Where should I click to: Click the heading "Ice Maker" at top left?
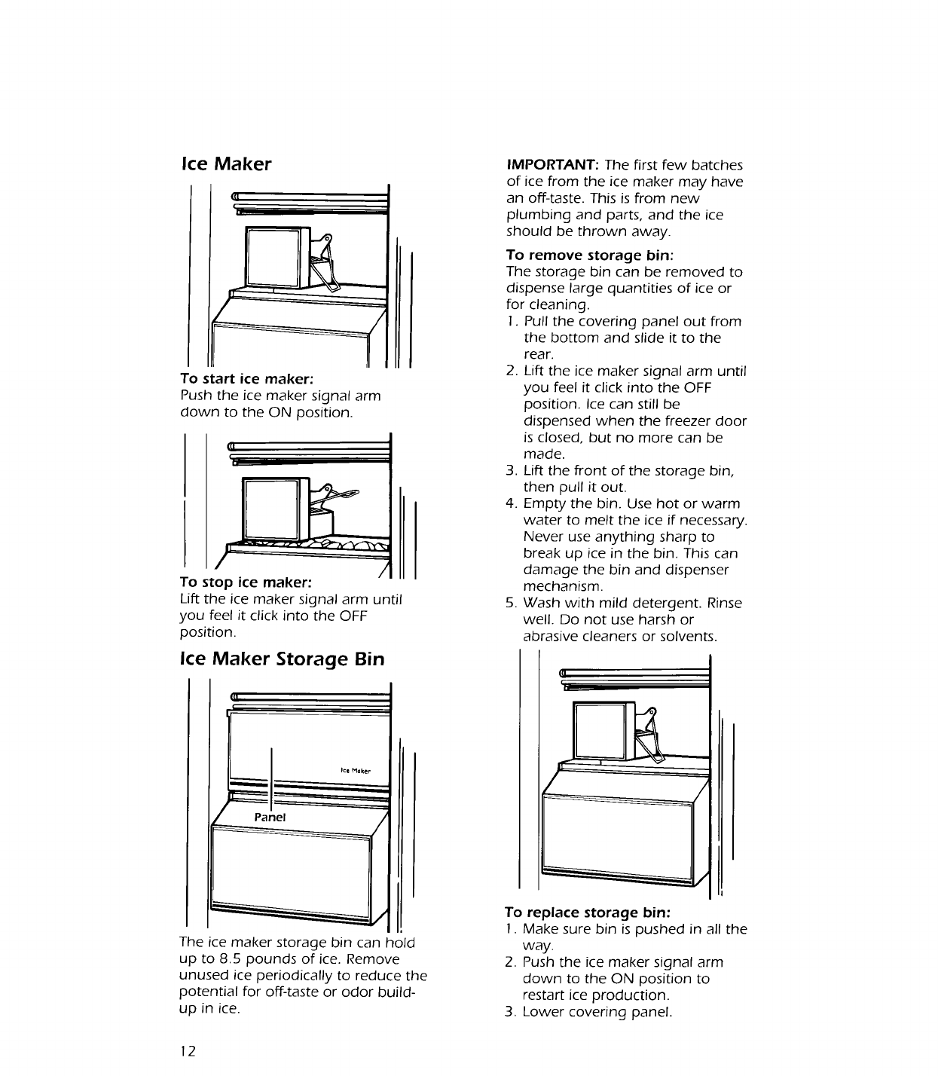point(226,164)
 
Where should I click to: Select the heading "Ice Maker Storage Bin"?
point(282,659)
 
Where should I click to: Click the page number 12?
point(188,1051)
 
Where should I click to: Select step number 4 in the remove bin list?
point(510,504)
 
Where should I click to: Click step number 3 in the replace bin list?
point(510,1012)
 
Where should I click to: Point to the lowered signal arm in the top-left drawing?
point(326,263)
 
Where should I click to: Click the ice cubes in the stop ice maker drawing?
point(332,545)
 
